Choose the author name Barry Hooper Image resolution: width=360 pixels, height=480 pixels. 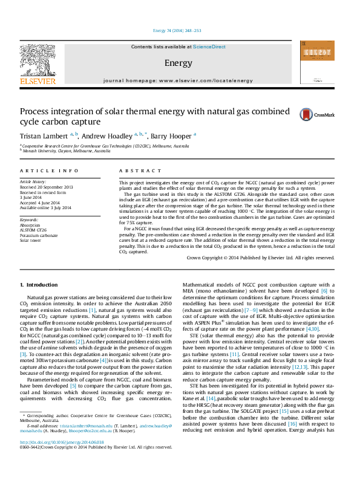click(x=172, y=135)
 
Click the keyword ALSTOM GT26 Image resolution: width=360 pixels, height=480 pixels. click(x=34, y=230)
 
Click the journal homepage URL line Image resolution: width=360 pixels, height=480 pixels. click(x=178, y=80)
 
